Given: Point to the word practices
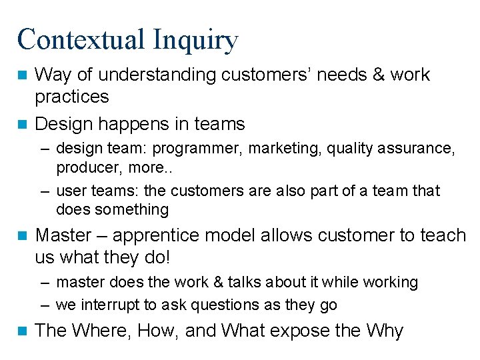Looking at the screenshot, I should [71, 97].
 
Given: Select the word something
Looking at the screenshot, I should [131, 209].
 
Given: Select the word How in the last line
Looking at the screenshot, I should [158, 330].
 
